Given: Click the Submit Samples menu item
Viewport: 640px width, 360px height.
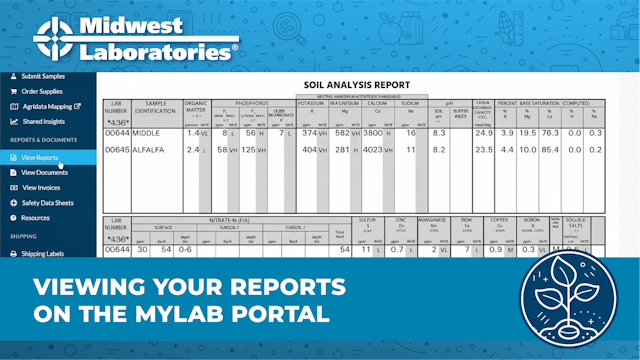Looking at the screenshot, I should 46,76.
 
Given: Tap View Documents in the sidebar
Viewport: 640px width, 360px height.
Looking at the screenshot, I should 45,173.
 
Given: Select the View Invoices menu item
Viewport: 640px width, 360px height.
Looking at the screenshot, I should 42,187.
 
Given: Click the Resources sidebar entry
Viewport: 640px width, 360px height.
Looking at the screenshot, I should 36,217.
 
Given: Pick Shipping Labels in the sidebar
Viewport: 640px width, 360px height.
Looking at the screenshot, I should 43,254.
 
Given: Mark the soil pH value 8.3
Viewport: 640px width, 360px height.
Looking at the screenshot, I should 438,132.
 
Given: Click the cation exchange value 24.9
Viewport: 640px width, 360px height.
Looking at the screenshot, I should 485,132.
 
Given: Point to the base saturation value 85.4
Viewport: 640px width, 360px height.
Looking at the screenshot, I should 548,150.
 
